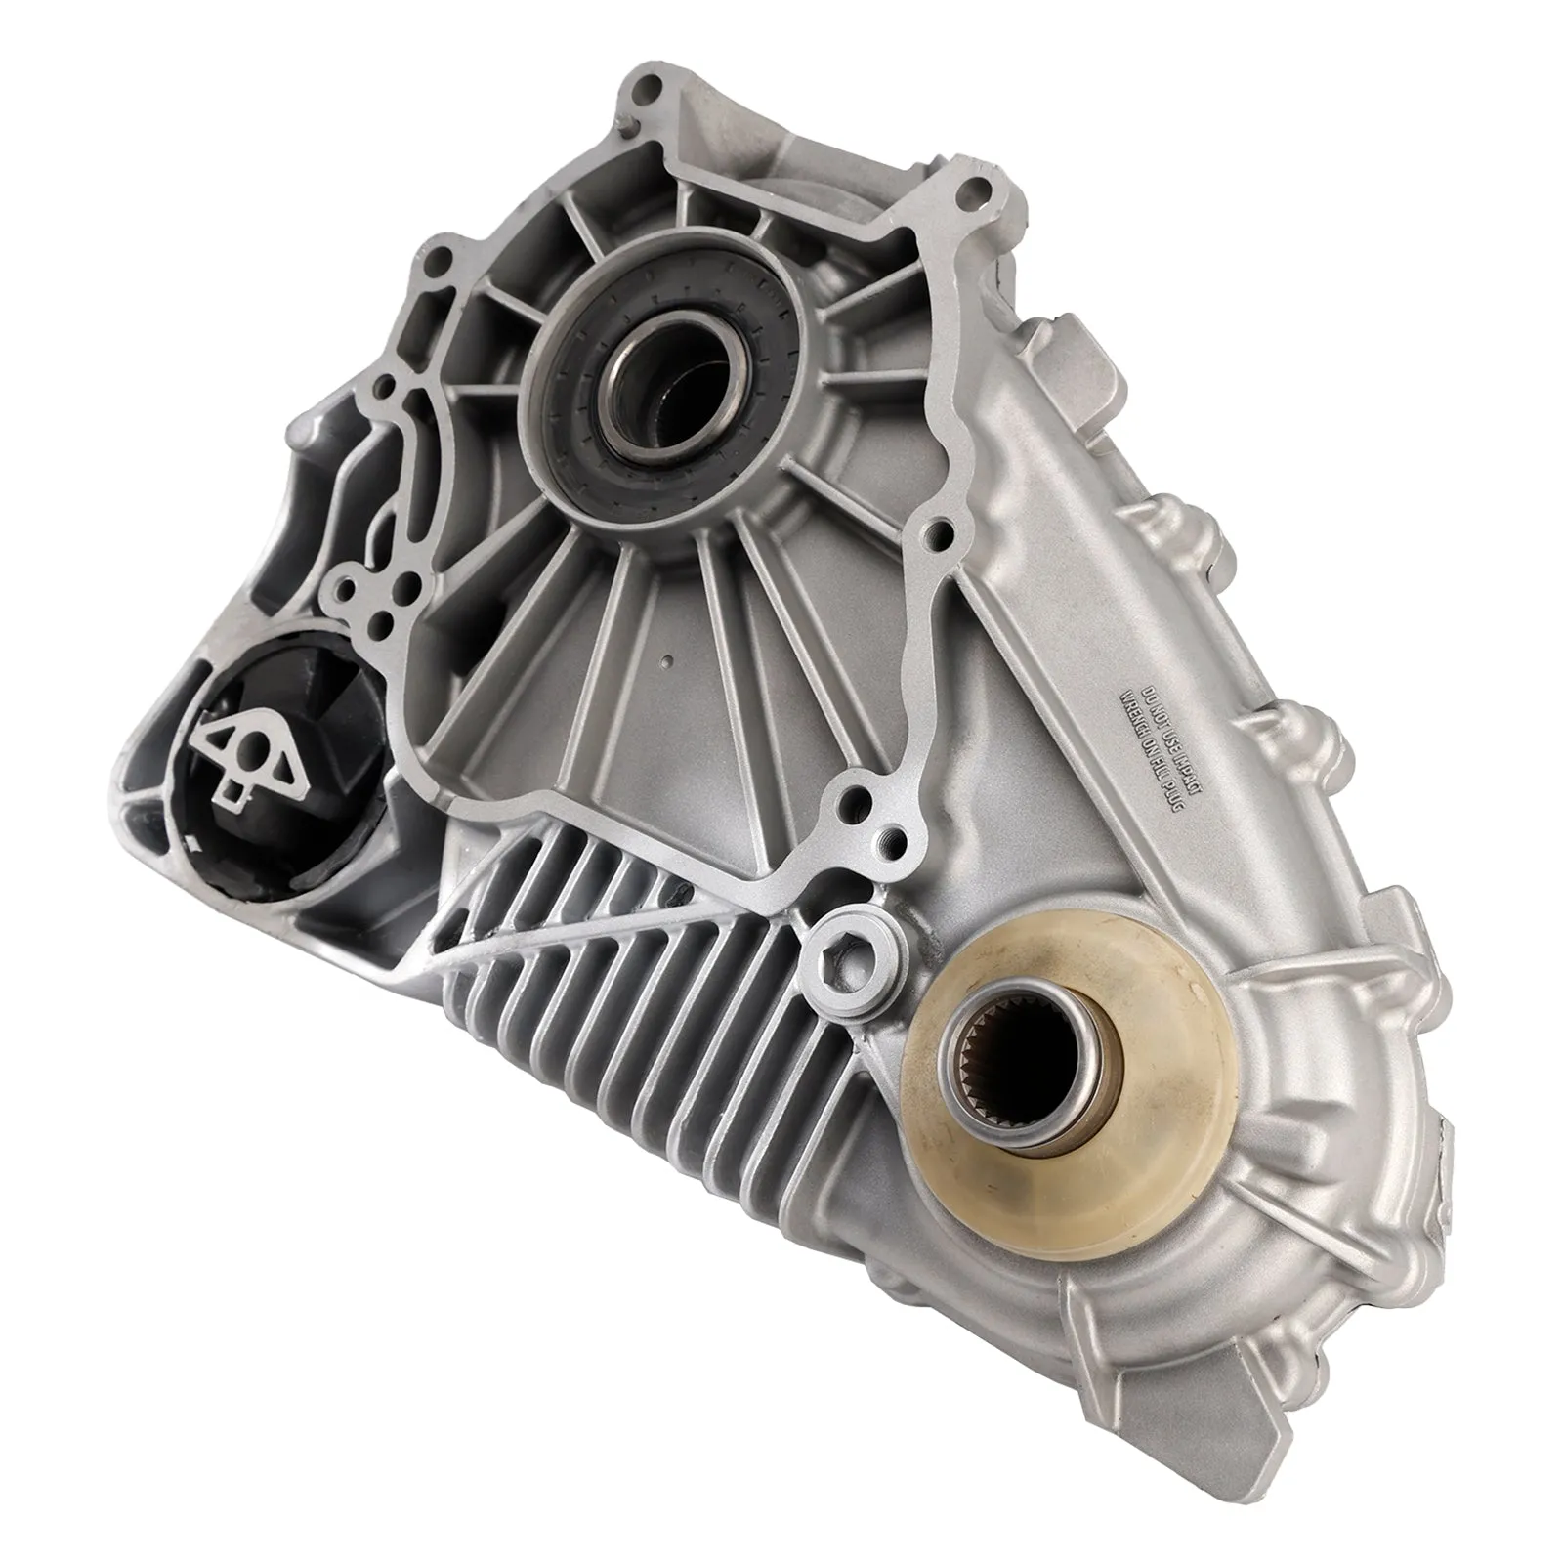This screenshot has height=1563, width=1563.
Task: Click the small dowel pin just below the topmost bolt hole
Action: point(626,125)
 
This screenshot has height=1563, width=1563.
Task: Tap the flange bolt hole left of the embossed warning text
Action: point(939,532)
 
